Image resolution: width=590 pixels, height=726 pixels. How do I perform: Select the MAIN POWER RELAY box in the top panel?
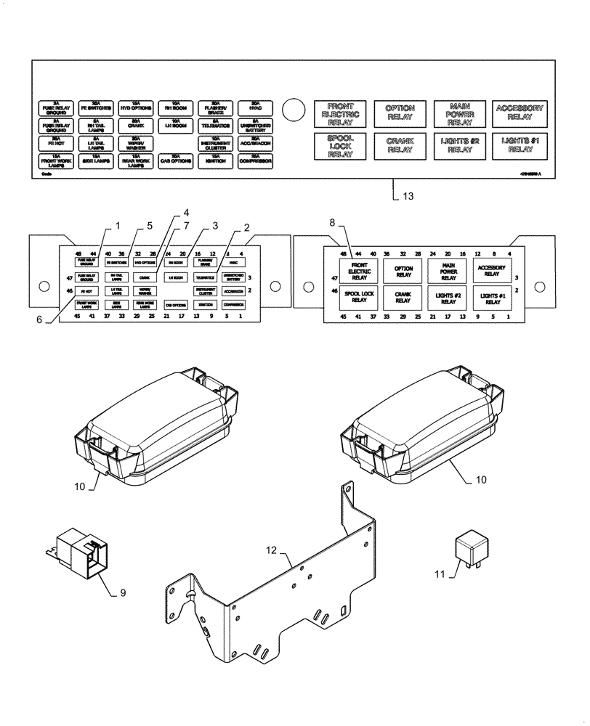click(x=456, y=115)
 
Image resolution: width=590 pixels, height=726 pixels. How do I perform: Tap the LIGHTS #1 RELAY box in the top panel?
click(x=517, y=145)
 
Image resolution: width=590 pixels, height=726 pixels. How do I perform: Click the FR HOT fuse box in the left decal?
click(x=85, y=290)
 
